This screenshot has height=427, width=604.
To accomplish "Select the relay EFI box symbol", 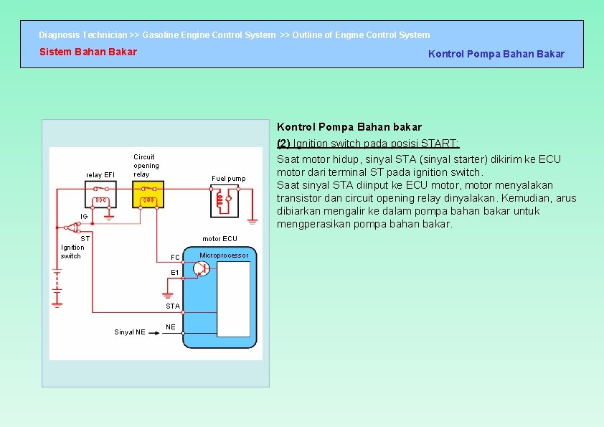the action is [x=100, y=194].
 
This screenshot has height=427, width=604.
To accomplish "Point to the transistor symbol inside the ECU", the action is [x=201, y=268].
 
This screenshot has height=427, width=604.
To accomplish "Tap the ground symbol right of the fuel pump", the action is [x=253, y=222].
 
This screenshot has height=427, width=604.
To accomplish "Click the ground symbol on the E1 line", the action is [x=167, y=294].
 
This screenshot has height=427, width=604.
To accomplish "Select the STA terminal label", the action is [x=173, y=306].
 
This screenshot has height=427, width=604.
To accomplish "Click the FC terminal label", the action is [x=175, y=258].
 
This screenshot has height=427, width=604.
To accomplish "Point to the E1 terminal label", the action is [x=175, y=273].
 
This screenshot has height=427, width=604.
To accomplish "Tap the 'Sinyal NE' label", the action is [x=130, y=332].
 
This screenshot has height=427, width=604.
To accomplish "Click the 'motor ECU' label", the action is [x=220, y=239].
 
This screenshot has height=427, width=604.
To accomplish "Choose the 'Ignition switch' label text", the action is [x=71, y=252].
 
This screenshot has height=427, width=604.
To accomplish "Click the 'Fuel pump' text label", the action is [x=228, y=179].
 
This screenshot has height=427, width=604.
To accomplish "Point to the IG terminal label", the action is [x=84, y=216].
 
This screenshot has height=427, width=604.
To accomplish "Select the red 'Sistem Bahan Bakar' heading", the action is [x=88, y=52].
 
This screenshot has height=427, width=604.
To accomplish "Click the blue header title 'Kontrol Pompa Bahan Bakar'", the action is [x=496, y=54].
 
